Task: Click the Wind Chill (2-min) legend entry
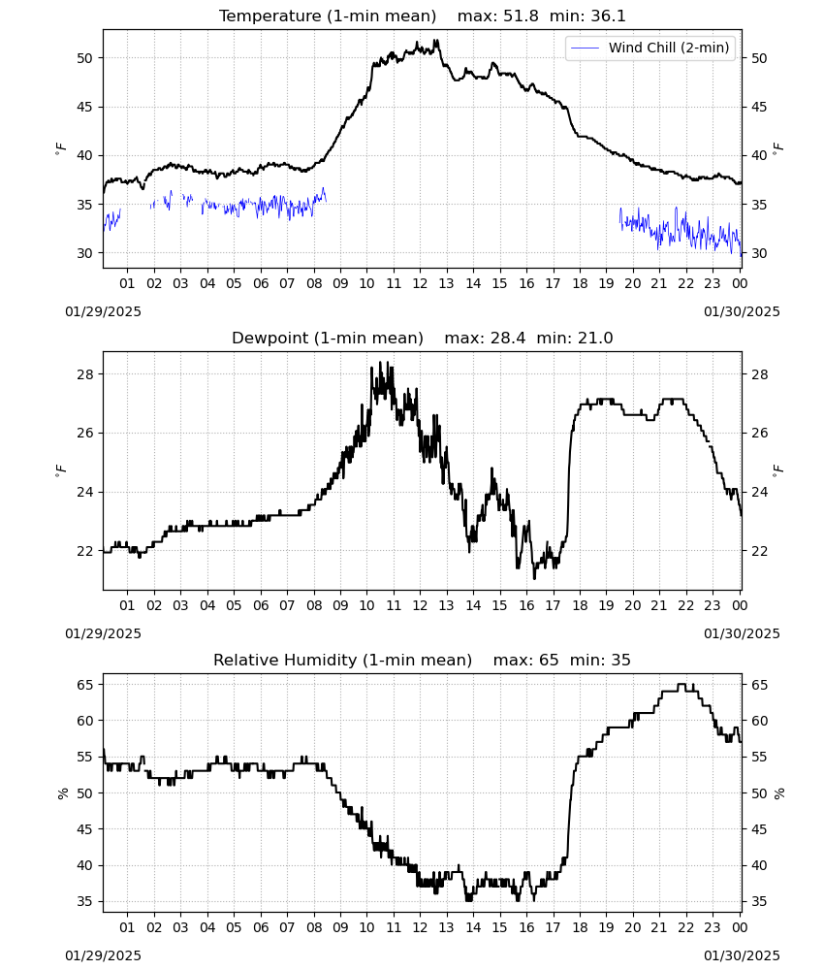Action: point(650,48)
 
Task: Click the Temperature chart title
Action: point(328,16)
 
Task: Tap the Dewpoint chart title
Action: point(328,338)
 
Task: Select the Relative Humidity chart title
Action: point(342,660)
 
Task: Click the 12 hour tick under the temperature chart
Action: point(420,283)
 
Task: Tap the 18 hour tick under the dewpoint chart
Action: point(580,605)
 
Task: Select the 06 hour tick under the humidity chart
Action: point(261,927)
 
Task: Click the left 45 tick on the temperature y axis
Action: point(84,107)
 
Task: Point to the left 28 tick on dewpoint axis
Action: point(84,374)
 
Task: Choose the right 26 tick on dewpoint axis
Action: point(760,433)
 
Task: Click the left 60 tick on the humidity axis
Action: point(84,721)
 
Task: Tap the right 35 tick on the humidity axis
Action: point(760,901)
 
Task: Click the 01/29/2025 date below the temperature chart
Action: point(103,311)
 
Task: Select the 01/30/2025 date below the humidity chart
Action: point(742,955)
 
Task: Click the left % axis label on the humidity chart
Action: point(62,793)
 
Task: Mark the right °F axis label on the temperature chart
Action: point(778,148)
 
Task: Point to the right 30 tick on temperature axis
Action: point(760,253)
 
